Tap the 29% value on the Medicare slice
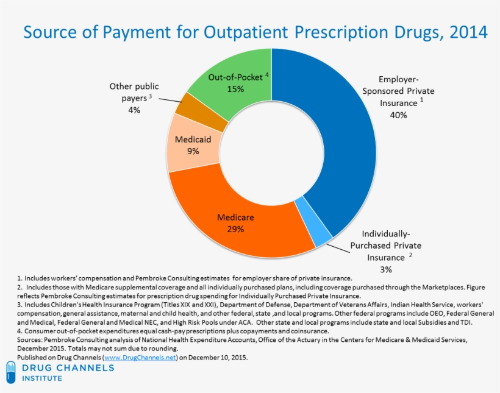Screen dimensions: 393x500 tap(235, 229)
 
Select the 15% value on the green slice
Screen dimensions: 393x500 tap(235, 89)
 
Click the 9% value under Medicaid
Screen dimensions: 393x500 tap(193, 151)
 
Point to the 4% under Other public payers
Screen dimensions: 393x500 tap(134, 110)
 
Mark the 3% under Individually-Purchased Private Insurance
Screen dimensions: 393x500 tap(385, 269)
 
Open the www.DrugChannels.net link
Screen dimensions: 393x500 tap(140, 357)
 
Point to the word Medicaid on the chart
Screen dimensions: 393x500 tap(193, 140)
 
